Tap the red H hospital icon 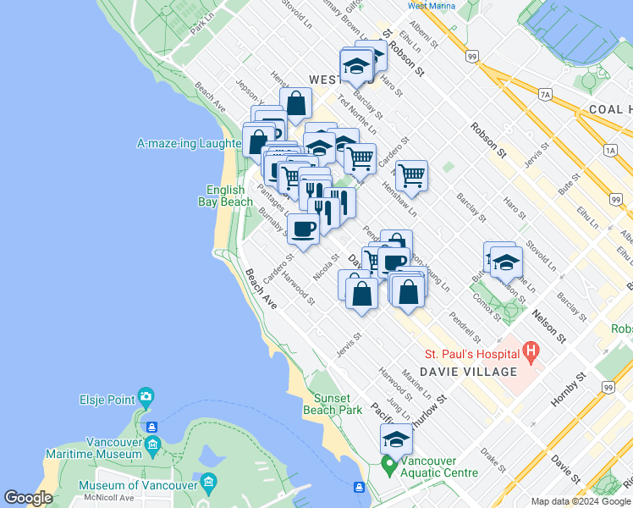pyautogui.click(x=531, y=350)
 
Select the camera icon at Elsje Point pyautogui.click(x=146, y=396)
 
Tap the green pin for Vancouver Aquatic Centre pyautogui.click(x=388, y=465)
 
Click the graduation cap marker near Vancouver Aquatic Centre pyautogui.click(x=396, y=439)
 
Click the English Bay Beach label pyautogui.click(x=226, y=196)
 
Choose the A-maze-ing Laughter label pyautogui.click(x=190, y=144)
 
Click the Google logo pyautogui.click(x=28, y=498)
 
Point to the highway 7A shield pyautogui.click(x=545, y=94)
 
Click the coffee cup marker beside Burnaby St pyautogui.click(x=303, y=227)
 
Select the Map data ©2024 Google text pyautogui.click(x=581, y=501)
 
